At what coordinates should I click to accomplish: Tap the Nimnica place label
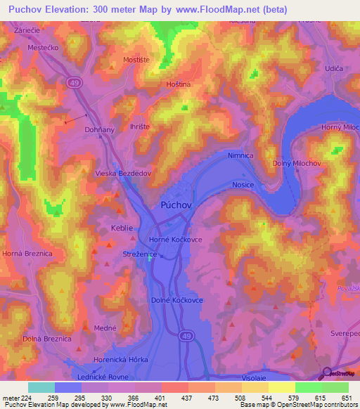click(240, 155)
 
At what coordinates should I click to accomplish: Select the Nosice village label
click(243, 185)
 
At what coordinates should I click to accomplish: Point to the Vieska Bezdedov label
click(123, 171)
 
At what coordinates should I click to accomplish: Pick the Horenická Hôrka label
click(123, 359)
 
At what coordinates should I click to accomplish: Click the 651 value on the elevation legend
click(345, 398)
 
